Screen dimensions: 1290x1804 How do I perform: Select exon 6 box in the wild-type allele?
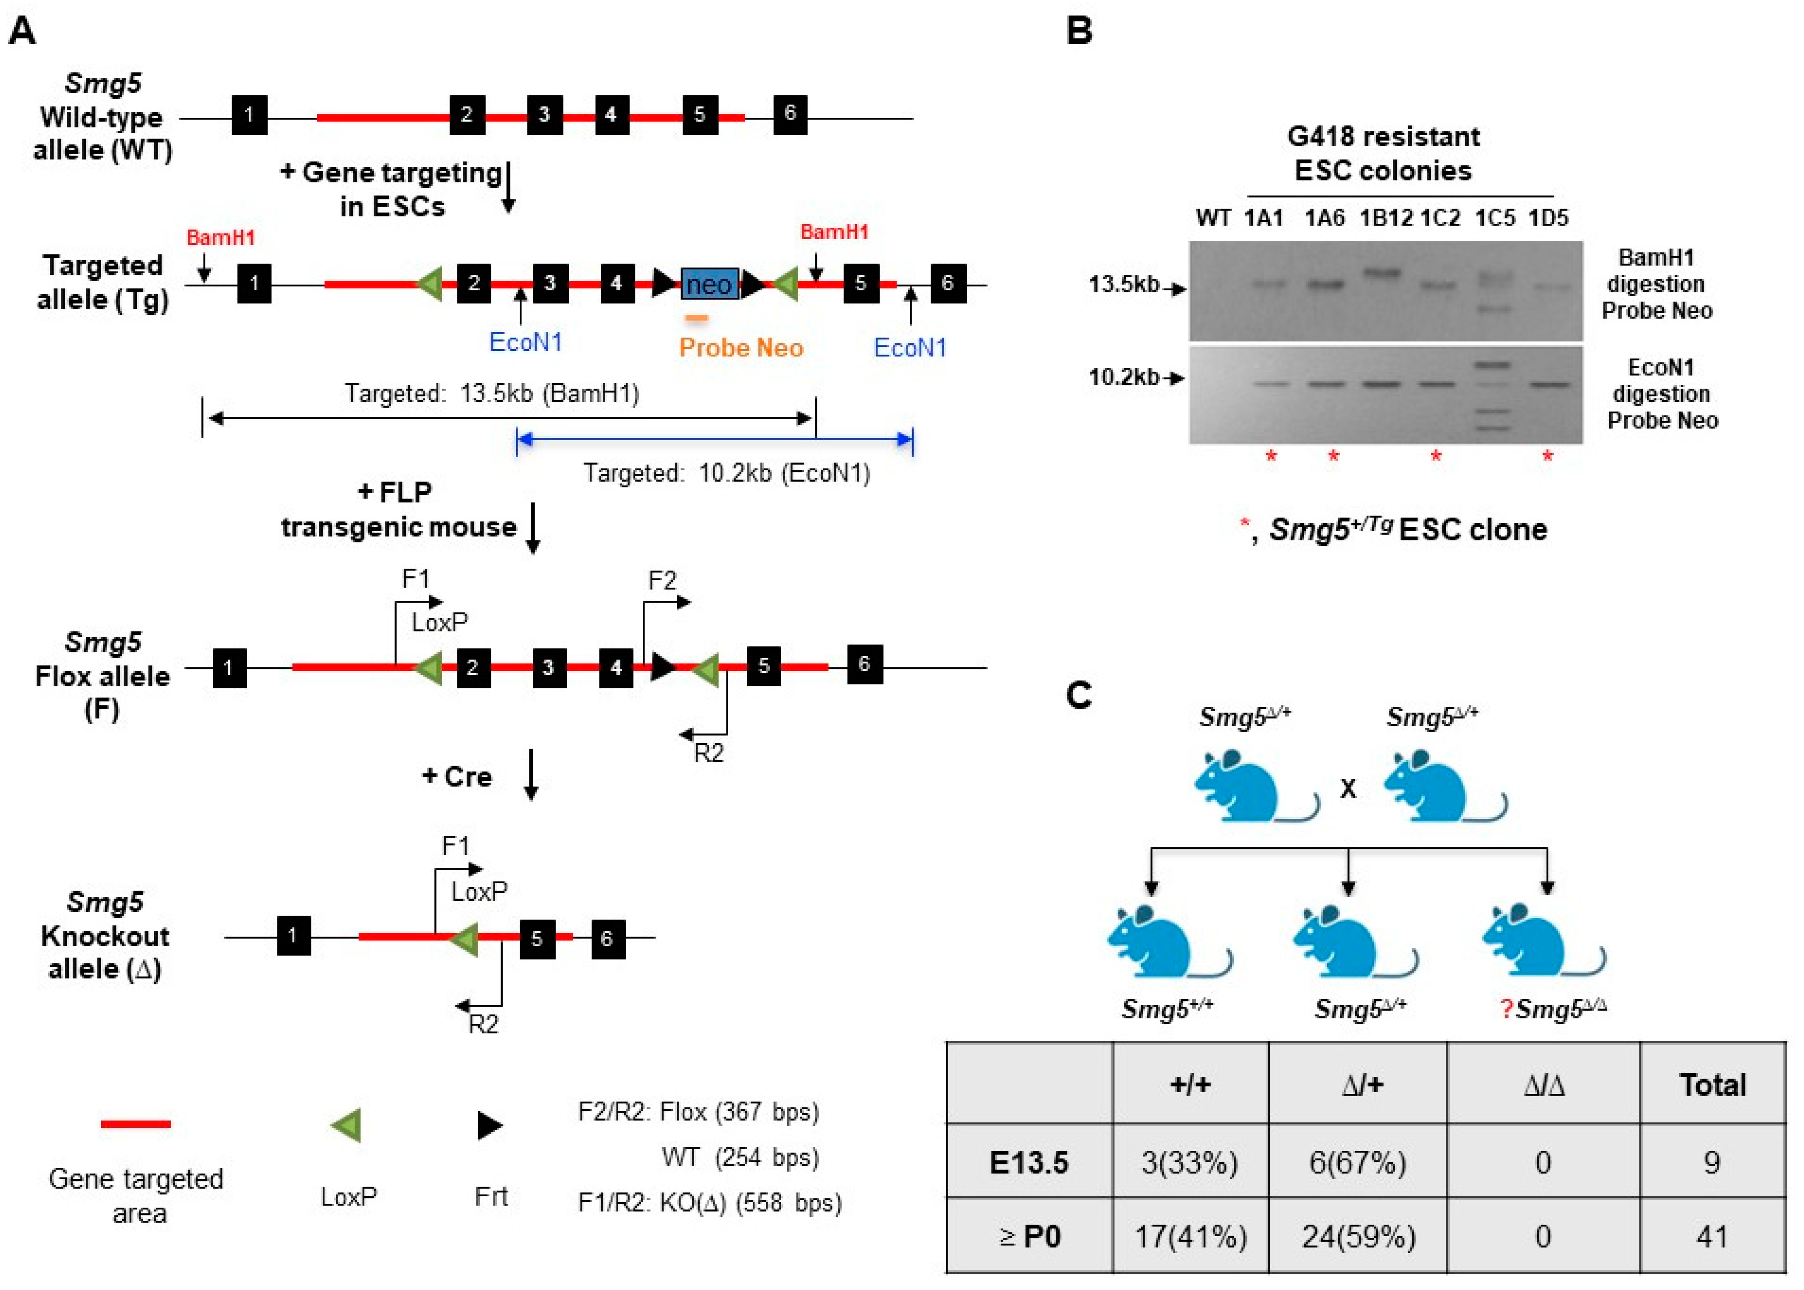pyautogui.click(x=789, y=113)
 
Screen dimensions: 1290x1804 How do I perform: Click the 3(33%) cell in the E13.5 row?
pyautogui.click(x=1189, y=1162)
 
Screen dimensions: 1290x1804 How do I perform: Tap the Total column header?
pyautogui.click(x=1712, y=1084)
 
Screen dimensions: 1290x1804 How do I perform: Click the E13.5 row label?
pyautogui.click(x=1029, y=1162)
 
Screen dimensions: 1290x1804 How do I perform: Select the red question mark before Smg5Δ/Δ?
pyautogui.click(x=1505, y=1010)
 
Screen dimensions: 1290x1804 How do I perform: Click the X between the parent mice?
pyautogui.click(x=1348, y=789)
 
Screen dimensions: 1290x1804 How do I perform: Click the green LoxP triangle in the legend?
pyautogui.click(x=347, y=1125)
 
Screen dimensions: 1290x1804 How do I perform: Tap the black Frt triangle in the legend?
pyautogui.click(x=490, y=1125)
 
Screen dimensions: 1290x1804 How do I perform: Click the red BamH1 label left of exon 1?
pyautogui.click(x=220, y=237)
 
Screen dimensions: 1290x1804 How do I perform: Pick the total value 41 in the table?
pyautogui.click(x=1712, y=1236)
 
